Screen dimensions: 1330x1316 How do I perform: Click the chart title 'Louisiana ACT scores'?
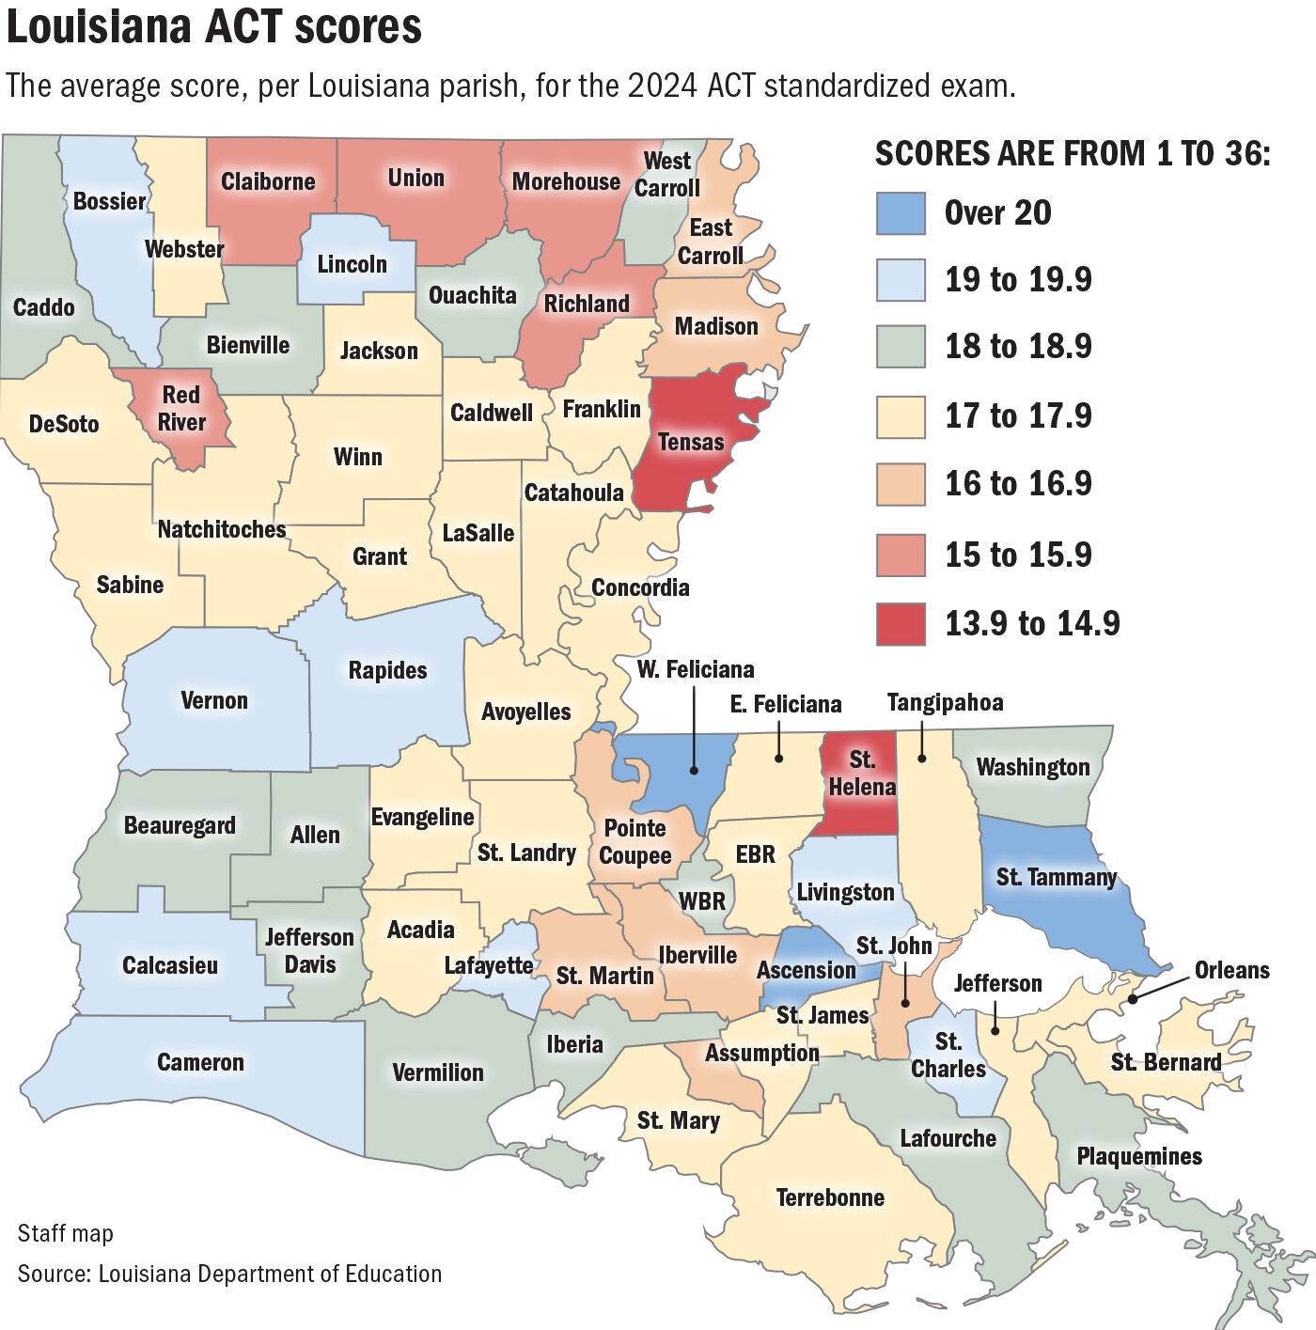(214, 26)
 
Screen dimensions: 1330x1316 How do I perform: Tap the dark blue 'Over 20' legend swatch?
(901, 213)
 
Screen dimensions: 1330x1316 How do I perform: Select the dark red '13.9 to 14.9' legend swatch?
(901, 624)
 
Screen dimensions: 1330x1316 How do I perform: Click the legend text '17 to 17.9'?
(1018, 415)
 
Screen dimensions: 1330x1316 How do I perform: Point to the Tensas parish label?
(691, 442)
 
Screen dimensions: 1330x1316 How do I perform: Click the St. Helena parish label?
(862, 774)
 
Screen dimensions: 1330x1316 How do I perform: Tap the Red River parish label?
(180, 409)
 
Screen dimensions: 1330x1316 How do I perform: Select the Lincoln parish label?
(352, 264)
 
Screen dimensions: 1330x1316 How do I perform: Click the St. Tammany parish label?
(1056, 877)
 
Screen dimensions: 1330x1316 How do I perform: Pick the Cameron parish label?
(200, 1062)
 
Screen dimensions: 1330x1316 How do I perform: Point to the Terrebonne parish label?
(830, 1197)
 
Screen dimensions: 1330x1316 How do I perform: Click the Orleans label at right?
(1231, 970)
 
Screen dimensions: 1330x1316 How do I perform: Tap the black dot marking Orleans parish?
(1133, 999)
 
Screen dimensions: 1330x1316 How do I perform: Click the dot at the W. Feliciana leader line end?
(694, 771)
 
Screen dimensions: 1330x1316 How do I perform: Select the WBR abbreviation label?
(702, 901)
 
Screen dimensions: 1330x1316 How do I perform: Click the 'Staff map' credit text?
(65, 1233)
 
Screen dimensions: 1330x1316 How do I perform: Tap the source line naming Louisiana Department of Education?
(229, 1274)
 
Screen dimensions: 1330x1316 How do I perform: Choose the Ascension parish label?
(806, 970)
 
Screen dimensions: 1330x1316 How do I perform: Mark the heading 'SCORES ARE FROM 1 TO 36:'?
(1072, 153)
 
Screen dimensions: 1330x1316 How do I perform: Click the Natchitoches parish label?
(222, 529)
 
